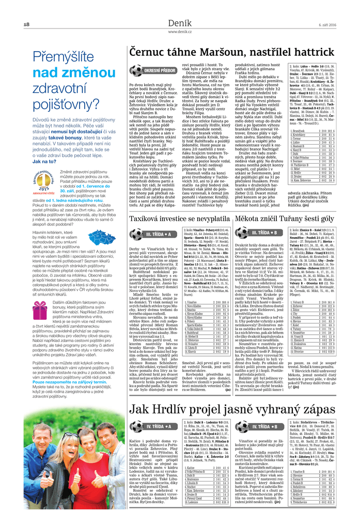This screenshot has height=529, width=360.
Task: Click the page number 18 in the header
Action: pos(26,25)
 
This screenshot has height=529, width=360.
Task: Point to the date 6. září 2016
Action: pos(327,25)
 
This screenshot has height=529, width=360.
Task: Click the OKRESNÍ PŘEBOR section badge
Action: pos(162,70)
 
